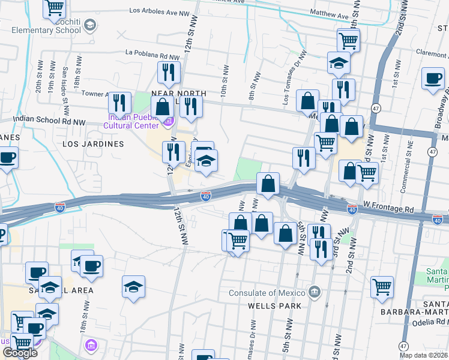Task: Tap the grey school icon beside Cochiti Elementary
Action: [x=90, y=25]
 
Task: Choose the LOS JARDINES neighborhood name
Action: [x=93, y=144]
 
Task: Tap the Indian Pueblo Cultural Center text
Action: [x=131, y=121]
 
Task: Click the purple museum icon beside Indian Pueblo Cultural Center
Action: [x=167, y=123]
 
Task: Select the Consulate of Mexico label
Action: [x=267, y=293]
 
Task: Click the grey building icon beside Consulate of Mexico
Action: [x=313, y=292]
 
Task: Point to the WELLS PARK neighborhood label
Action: [x=269, y=305]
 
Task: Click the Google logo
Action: [x=20, y=353]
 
